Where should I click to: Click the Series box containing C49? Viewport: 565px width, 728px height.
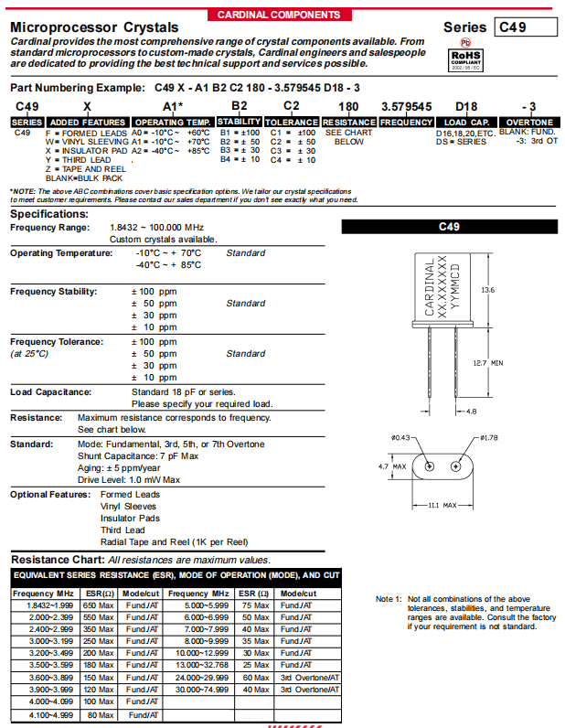point(523,27)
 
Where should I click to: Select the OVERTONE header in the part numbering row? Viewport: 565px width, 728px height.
point(528,122)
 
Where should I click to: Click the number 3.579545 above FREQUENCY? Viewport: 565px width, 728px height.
point(406,107)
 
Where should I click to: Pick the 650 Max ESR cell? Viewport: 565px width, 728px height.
point(98,605)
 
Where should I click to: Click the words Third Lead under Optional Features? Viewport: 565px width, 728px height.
point(123,530)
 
